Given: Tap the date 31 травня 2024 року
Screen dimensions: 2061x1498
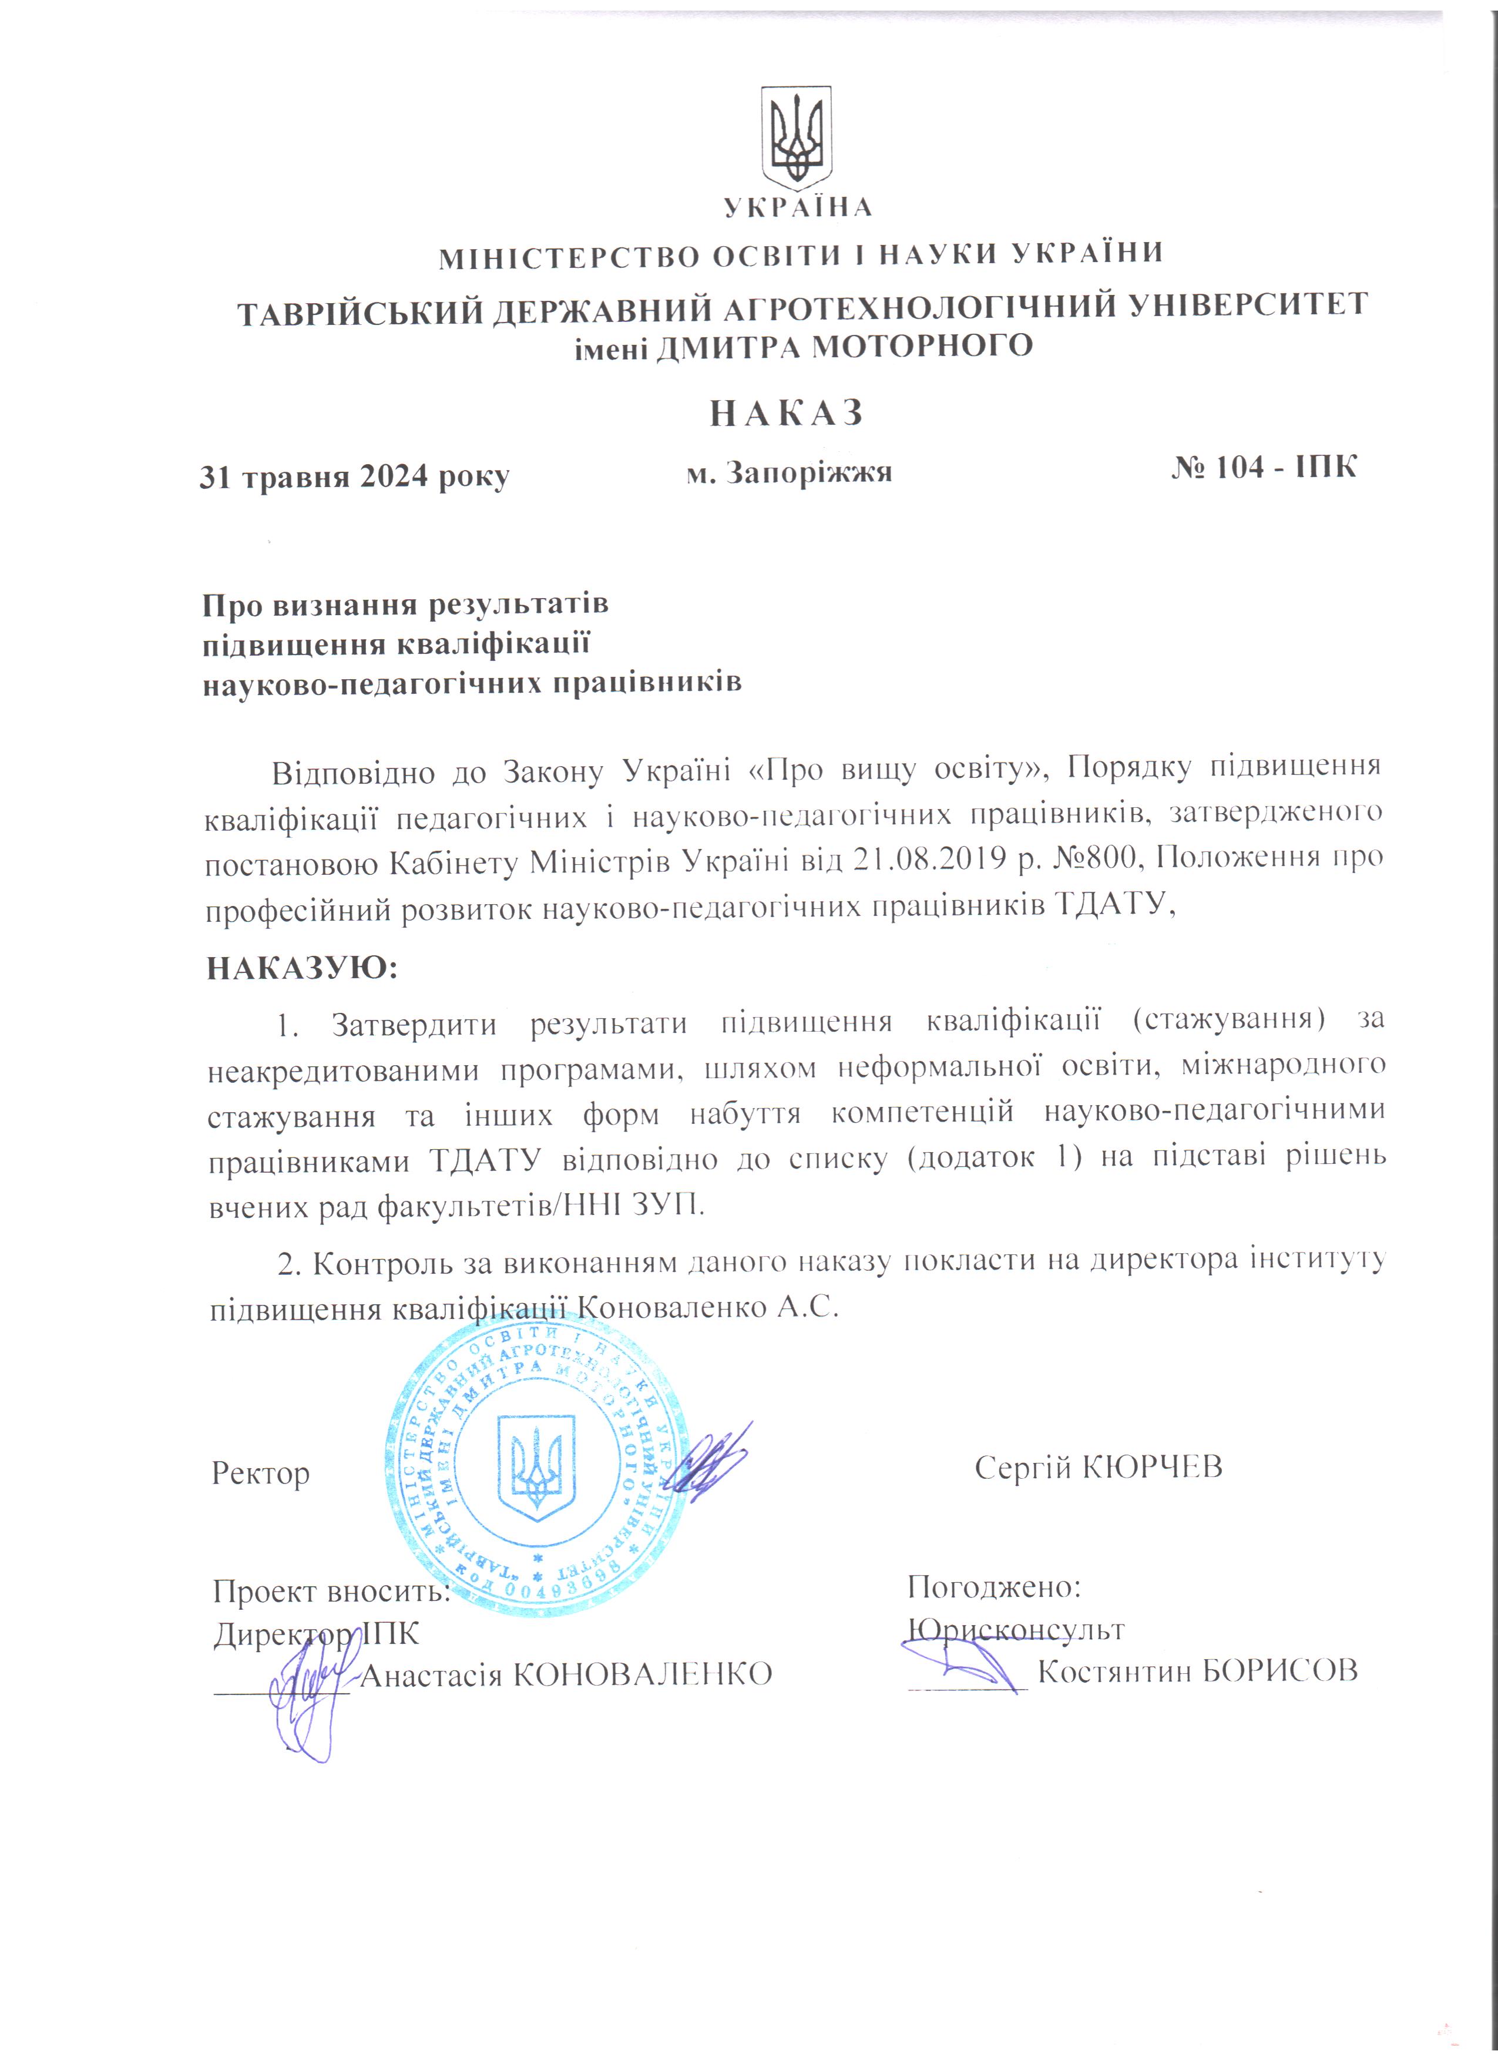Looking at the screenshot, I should (x=354, y=476).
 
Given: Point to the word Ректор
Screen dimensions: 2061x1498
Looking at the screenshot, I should (x=261, y=1472).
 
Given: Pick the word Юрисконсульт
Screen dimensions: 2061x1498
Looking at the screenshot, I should (x=1016, y=1629).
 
